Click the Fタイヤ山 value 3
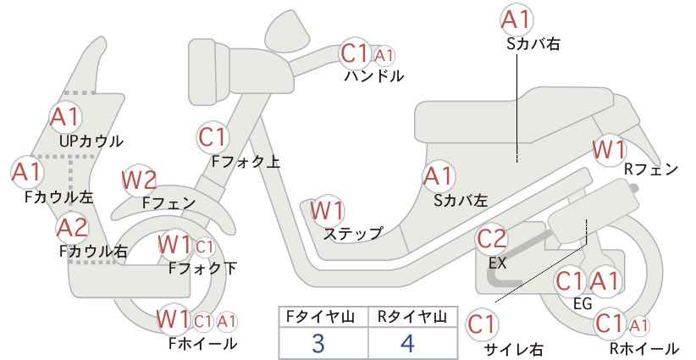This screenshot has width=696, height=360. (318, 343)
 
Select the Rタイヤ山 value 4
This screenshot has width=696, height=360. (407, 343)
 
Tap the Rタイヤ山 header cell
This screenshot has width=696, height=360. (412, 317)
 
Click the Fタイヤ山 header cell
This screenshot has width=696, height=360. (323, 317)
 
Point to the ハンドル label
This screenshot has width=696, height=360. (374, 76)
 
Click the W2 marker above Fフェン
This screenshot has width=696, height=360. (139, 180)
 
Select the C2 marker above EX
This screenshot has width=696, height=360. (491, 239)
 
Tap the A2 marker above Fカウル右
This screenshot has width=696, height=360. (73, 228)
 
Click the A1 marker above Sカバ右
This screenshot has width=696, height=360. (516, 19)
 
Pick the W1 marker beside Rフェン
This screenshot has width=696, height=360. (609, 150)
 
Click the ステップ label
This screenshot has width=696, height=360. (353, 233)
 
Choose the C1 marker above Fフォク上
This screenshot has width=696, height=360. (213, 137)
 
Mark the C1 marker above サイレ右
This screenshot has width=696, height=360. (482, 324)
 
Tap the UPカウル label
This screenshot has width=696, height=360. (91, 141)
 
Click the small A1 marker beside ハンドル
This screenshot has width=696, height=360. (384, 55)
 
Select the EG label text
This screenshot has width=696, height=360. (583, 303)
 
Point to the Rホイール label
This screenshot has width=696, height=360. (644, 348)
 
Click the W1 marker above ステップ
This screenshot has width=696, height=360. (328, 210)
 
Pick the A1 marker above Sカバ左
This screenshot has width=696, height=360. (438, 176)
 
